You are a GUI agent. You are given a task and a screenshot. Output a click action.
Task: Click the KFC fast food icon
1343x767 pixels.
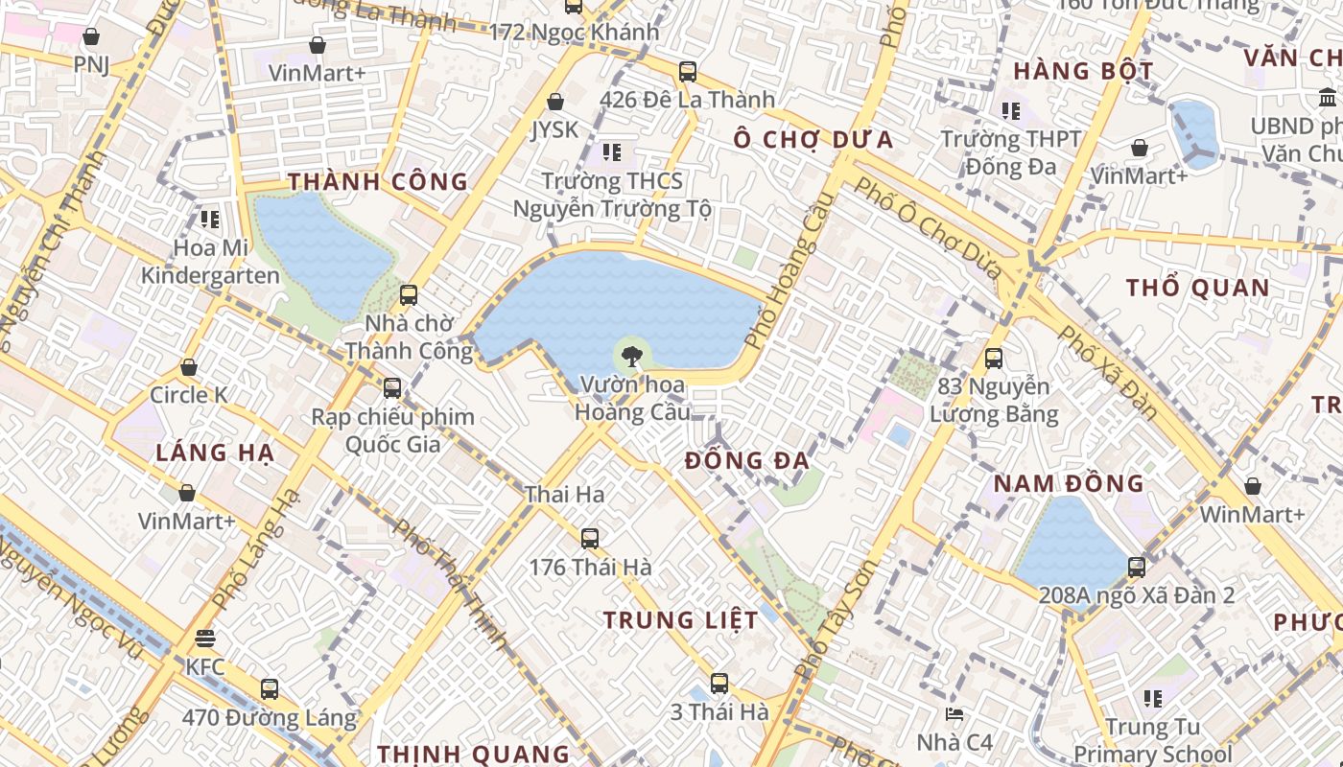[x=204, y=638]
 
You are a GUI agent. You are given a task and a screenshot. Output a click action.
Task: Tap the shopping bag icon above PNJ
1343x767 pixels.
[x=91, y=37]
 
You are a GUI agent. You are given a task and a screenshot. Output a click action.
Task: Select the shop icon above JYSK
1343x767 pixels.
[x=555, y=102]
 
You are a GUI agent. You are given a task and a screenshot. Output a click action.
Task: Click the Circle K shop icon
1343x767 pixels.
[x=189, y=368]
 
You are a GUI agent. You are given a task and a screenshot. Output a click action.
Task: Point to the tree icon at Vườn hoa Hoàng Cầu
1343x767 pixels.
[x=631, y=358]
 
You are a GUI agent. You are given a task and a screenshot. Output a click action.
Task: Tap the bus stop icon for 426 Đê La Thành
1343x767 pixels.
[x=687, y=72]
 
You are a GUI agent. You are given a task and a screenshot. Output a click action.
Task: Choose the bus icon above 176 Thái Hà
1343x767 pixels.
[x=590, y=539]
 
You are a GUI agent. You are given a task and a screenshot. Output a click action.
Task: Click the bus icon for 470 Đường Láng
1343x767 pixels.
[x=270, y=689]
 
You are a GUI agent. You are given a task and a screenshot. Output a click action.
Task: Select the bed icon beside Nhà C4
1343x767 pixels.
[x=954, y=715]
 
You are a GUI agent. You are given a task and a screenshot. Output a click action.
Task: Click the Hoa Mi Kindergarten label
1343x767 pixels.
[x=210, y=262]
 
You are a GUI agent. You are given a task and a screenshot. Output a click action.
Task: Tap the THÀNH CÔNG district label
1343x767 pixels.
[x=378, y=182]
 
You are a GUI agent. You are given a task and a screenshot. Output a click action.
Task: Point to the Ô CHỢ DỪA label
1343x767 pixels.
[x=813, y=140]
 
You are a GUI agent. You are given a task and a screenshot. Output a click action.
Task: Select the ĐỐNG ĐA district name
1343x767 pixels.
[x=747, y=461]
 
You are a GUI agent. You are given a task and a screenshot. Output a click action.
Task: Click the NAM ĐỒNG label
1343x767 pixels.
[x=1069, y=483]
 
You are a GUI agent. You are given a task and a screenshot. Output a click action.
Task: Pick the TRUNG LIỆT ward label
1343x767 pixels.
[x=681, y=620]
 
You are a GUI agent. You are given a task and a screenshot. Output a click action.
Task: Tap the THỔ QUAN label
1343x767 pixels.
[x=1197, y=288]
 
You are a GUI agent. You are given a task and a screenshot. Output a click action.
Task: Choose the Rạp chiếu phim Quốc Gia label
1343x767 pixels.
[x=392, y=430]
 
